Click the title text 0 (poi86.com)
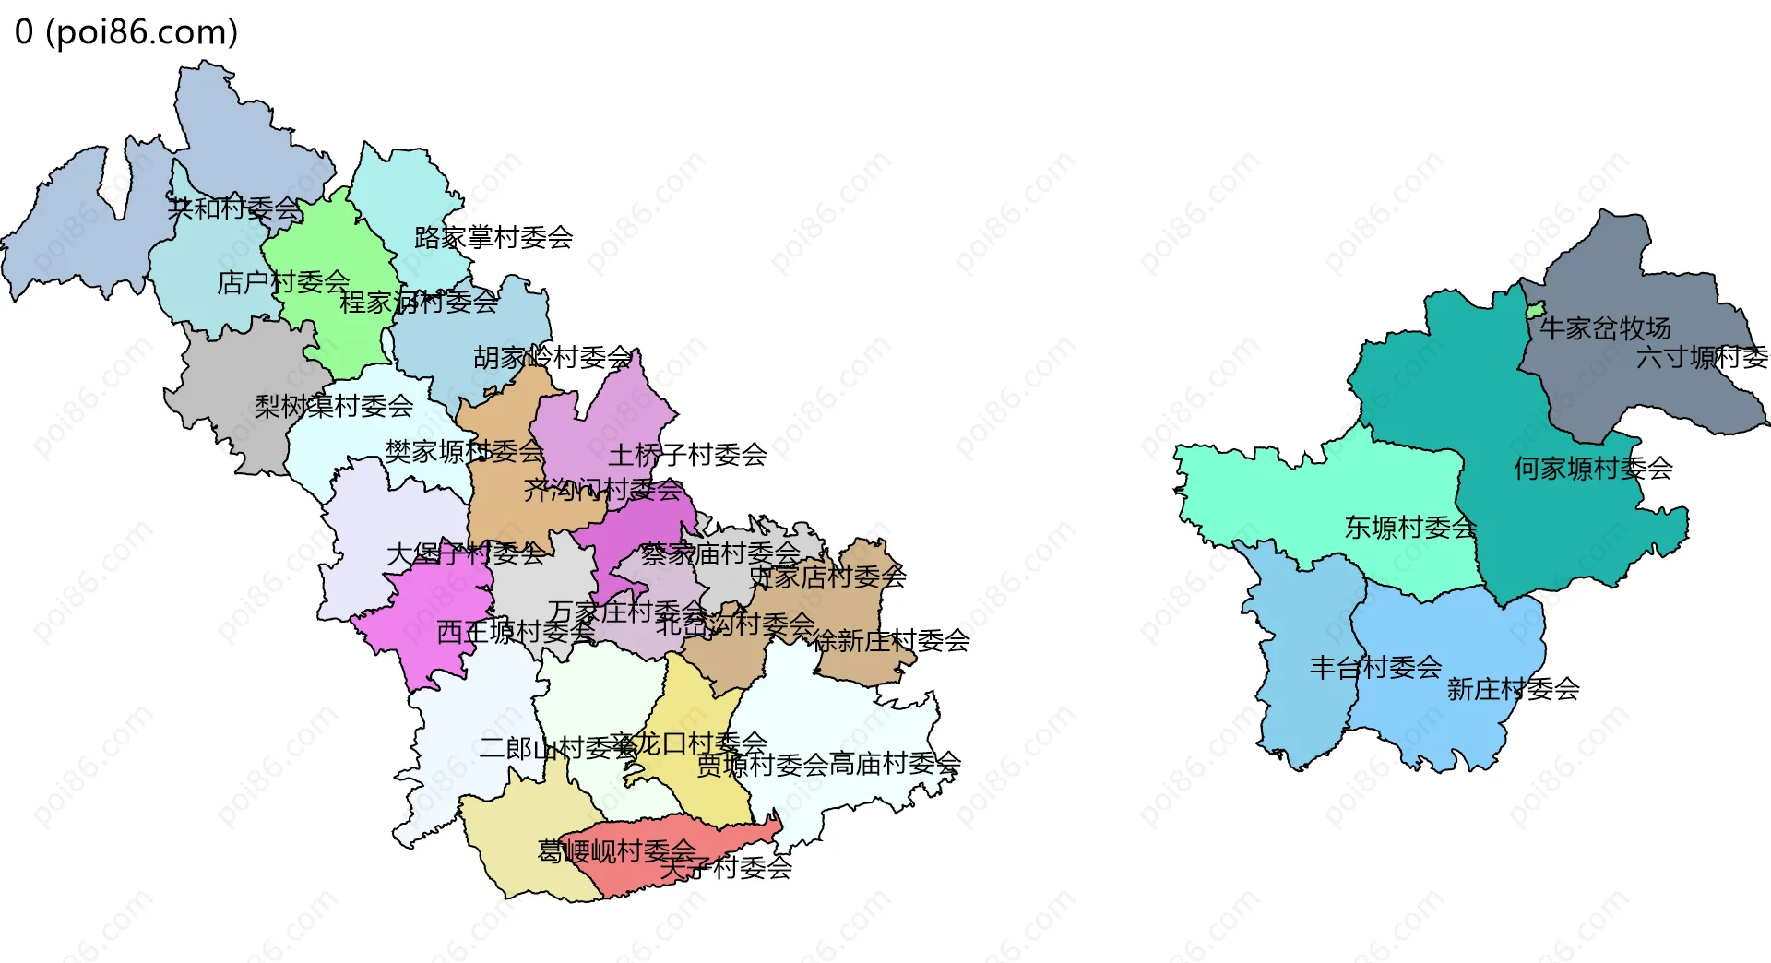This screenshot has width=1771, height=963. [x=126, y=31]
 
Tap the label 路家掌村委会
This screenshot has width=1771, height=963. [x=493, y=238]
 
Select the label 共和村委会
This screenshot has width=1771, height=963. [x=234, y=208]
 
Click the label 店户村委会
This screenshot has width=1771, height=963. [x=283, y=282]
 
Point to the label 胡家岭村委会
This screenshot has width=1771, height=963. [x=553, y=358]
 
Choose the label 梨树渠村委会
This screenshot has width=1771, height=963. [x=334, y=406]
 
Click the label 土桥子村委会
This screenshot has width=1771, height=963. [x=687, y=455]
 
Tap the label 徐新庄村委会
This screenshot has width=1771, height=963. [x=891, y=640]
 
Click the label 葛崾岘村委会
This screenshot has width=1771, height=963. [x=616, y=850]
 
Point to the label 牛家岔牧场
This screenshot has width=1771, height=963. [x=1605, y=328]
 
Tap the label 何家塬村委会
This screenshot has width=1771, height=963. [x=1593, y=469]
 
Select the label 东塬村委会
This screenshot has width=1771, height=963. [x=1410, y=528]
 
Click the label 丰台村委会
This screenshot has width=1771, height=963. [x=1375, y=668]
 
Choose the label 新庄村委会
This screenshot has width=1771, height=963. [x=1513, y=689]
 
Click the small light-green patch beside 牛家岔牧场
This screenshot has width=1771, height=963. [x=1535, y=311]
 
